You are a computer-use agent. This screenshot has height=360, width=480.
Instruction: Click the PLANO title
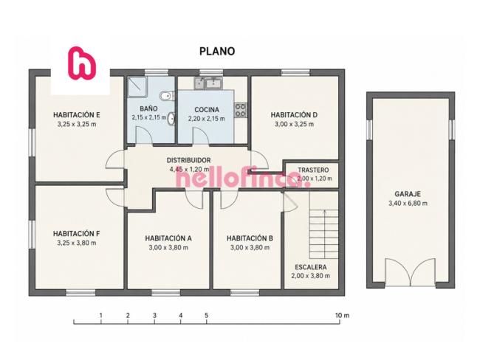pyautogui.click(x=217, y=51)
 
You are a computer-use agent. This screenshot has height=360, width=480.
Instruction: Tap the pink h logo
pyautogui.click(x=81, y=63)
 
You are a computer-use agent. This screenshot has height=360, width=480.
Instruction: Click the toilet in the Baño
pyautogui.click(x=167, y=96)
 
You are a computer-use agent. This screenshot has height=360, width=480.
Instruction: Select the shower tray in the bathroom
pyautogui.click(x=137, y=86)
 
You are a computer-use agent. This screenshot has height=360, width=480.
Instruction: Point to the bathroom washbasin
pyautogui.click(x=171, y=119)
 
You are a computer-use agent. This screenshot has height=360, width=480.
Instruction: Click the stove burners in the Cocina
pyautogui.click(x=241, y=110)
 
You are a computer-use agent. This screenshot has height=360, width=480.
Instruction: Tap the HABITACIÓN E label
pyautogui.click(x=77, y=115)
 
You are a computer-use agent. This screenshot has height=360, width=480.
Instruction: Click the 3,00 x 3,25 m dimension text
pyautogui.click(x=294, y=124)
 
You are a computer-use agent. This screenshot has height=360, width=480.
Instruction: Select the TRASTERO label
pyautogui.click(x=313, y=170)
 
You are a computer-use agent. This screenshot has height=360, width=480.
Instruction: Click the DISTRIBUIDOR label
pyautogui.click(x=188, y=160)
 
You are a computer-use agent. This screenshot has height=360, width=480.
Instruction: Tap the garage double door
pyautogui.click(x=410, y=272)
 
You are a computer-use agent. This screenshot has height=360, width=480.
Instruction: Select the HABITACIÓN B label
pyautogui.click(x=250, y=238)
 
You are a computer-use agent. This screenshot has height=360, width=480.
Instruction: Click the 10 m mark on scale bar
pyautogui.click(x=342, y=315)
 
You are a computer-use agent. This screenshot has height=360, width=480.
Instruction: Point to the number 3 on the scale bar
pyautogui.click(x=154, y=315)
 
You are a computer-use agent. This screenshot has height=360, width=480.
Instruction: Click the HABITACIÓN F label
pyautogui.click(x=77, y=234)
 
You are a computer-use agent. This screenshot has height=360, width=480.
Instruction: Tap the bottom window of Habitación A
pyautogui.click(x=165, y=293)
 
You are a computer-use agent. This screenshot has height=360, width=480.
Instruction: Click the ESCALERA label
pyautogui.click(x=311, y=267)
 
